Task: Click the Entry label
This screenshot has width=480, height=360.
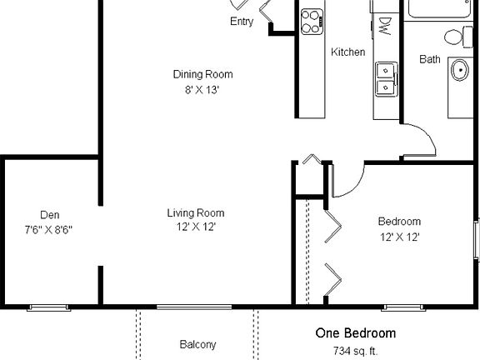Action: point(242,22)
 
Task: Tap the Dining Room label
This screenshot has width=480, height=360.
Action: point(202,74)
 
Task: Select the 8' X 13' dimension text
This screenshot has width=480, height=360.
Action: point(202,90)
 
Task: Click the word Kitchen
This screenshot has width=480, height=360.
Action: point(347,52)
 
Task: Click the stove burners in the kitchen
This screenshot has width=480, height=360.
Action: point(312,20)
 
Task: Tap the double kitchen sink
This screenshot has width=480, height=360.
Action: point(386,77)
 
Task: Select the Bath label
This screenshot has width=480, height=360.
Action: point(430,59)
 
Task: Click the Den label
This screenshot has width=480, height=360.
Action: point(49,214)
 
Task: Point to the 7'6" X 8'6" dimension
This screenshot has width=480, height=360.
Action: point(49,229)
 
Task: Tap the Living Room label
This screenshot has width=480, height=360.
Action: point(196,212)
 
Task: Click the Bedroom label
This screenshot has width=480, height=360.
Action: point(399,222)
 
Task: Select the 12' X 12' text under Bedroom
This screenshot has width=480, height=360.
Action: point(399,237)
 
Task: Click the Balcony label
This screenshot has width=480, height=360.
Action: point(197,344)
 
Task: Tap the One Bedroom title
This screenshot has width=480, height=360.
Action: point(355,333)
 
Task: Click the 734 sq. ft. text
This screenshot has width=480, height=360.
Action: point(355,350)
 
